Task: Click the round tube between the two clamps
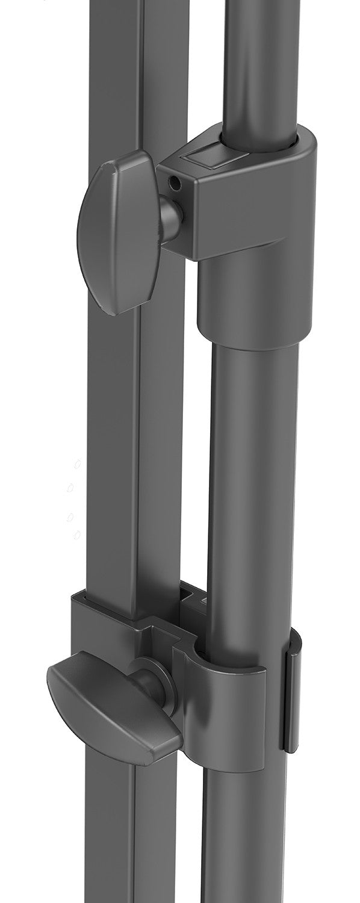point(253,482)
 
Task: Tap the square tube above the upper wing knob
point(114,72)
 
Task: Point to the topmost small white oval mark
point(77,465)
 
